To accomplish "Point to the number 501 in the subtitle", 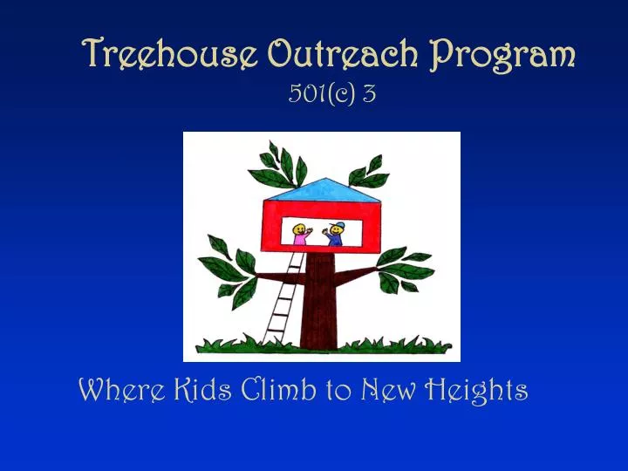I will click(x=303, y=93).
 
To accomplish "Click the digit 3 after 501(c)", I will click(x=369, y=93).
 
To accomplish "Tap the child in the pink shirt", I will click(x=300, y=235).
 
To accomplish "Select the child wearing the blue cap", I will click(x=334, y=234).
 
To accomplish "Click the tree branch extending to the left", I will click(x=275, y=278).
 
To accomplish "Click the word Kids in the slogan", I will click(x=183, y=389).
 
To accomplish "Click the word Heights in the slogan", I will click(x=476, y=390).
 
